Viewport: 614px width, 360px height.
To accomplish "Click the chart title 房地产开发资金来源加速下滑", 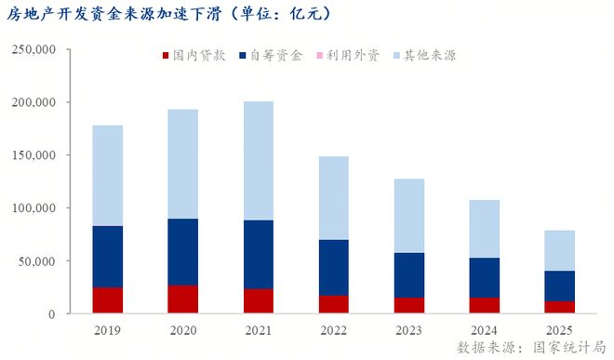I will (x=167, y=15).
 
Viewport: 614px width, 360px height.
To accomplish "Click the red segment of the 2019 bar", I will (x=107, y=300).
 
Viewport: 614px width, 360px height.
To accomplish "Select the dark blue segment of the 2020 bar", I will (x=182, y=252).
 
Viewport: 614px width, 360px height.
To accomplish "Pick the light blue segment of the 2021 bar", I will (x=258, y=161).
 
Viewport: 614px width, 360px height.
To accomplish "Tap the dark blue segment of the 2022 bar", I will (x=333, y=268).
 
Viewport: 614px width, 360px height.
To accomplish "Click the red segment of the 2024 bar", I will (x=484, y=305).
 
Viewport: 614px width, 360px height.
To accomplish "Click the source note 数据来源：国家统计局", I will (x=529, y=347).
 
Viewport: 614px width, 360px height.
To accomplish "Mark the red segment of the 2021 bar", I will (x=258, y=301).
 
